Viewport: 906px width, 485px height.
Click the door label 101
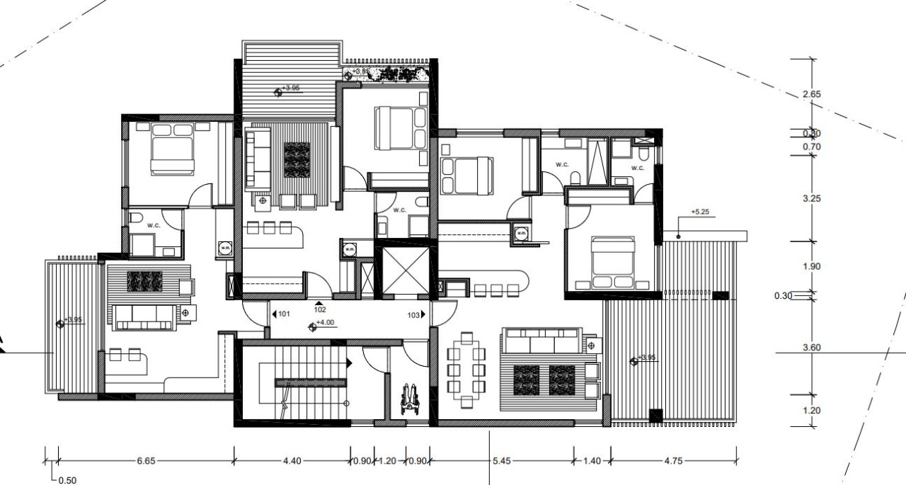coord(284,314)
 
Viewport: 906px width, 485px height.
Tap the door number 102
coord(320,309)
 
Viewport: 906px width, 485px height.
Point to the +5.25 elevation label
coord(700,212)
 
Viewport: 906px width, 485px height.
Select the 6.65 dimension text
coord(147,461)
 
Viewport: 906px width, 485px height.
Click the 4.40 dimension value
coord(292,461)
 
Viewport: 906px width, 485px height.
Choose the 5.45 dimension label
coord(501,461)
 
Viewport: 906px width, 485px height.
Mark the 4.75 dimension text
coord(674,461)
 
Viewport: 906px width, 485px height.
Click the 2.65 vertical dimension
coord(812,94)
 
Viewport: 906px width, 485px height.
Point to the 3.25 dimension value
coord(812,199)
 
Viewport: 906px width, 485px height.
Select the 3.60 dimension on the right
coord(812,348)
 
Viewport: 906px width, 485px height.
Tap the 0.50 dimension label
coord(67,480)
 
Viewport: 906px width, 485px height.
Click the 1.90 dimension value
coord(812,267)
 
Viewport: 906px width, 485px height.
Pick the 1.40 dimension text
coord(591,461)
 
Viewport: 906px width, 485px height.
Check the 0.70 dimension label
coord(812,147)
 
